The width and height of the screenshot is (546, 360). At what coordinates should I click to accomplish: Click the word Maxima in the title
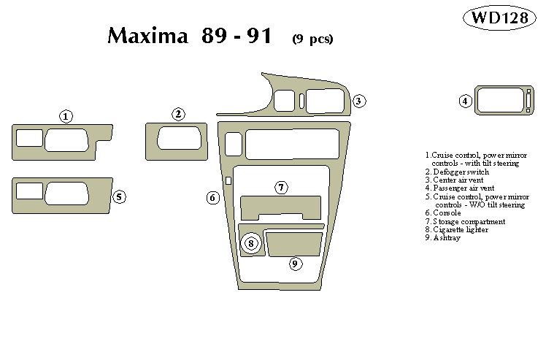pyautogui.click(x=148, y=36)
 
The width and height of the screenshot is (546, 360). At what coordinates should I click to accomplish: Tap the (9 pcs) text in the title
pyautogui.click(x=312, y=39)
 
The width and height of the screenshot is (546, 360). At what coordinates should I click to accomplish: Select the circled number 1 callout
pyautogui.click(x=66, y=117)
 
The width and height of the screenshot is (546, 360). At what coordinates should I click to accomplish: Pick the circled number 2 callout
pyautogui.click(x=178, y=114)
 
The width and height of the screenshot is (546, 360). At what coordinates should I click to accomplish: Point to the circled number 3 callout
pyautogui.click(x=359, y=101)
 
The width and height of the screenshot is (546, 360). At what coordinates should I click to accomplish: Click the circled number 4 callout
pyautogui.click(x=465, y=101)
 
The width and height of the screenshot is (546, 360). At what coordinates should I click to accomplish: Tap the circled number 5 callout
pyautogui.click(x=119, y=196)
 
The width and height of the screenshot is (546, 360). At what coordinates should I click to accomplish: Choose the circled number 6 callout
pyautogui.click(x=212, y=197)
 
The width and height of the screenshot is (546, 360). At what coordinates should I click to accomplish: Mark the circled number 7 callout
pyautogui.click(x=281, y=188)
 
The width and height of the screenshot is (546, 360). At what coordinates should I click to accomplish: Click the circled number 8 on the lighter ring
pyautogui.click(x=251, y=243)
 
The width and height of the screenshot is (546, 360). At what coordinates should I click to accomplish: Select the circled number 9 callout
pyautogui.click(x=295, y=264)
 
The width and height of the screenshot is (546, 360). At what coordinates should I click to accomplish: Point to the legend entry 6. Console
pyautogui.click(x=447, y=212)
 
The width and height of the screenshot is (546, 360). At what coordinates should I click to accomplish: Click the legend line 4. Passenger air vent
pyautogui.click(x=464, y=188)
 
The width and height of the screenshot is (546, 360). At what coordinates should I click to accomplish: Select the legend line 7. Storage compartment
pyautogui.click(x=469, y=221)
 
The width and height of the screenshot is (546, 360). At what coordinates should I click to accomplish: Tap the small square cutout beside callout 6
pyautogui.click(x=228, y=180)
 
